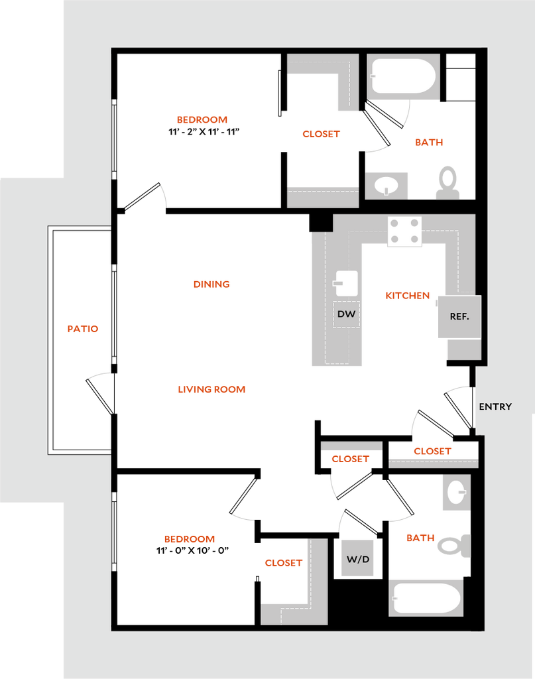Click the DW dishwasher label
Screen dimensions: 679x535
click(x=346, y=314)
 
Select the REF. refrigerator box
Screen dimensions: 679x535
click(x=459, y=316)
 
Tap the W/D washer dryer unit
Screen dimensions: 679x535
click(x=357, y=559)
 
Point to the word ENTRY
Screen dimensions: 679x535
click(x=495, y=406)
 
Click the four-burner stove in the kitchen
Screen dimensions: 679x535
click(x=404, y=231)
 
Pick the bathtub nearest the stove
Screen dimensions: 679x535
click(x=403, y=77)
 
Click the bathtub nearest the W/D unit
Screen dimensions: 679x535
click(x=426, y=597)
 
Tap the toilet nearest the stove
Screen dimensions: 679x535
click(x=448, y=182)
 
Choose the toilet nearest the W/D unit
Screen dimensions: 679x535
click(x=454, y=546)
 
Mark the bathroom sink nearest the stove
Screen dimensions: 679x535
click(x=386, y=184)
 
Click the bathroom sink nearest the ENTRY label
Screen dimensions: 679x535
click(x=456, y=493)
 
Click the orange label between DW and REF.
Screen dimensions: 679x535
click(x=408, y=296)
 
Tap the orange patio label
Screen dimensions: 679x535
click(x=84, y=328)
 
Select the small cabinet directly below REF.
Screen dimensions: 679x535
click(x=463, y=349)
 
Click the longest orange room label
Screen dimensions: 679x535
click(x=211, y=390)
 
